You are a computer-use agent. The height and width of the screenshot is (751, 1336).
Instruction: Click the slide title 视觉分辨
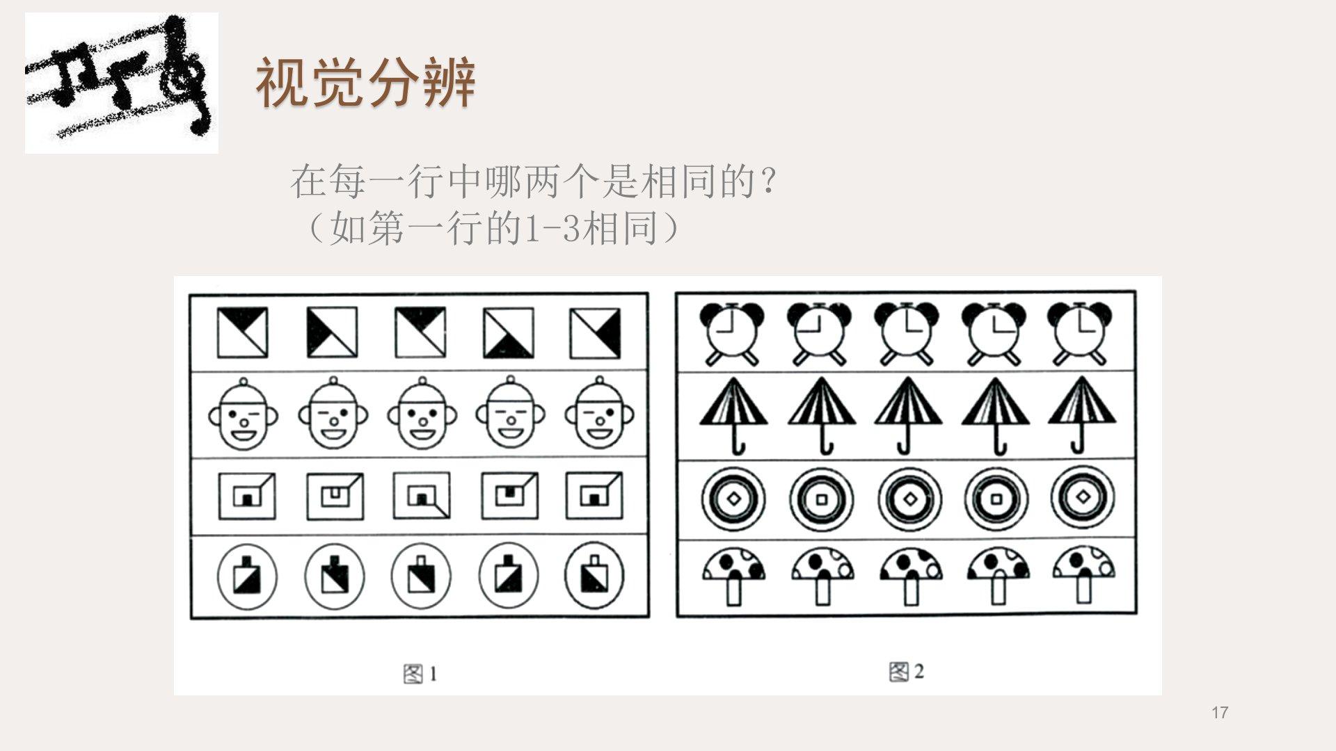click(x=366, y=83)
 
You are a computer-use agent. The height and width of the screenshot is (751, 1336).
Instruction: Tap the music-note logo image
click(x=122, y=83)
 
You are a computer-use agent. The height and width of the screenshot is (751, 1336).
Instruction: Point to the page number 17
click(x=1219, y=712)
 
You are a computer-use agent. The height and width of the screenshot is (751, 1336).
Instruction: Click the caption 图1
click(x=420, y=673)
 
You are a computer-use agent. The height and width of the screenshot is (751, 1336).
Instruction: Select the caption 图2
click(x=907, y=672)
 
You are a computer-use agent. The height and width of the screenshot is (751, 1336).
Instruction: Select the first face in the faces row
click(x=243, y=414)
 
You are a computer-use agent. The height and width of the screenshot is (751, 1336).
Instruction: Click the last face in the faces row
click(x=599, y=414)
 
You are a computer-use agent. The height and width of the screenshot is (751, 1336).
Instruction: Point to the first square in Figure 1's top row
click(x=242, y=332)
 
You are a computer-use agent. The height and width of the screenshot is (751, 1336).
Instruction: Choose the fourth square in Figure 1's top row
click(x=509, y=332)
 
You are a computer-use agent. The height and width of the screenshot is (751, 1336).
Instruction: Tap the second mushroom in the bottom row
click(x=822, y=576)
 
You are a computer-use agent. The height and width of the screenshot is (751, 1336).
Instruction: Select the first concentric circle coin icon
click(x=733, y=499)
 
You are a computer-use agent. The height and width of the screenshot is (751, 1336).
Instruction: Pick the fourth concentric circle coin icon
click(x=996, y=499)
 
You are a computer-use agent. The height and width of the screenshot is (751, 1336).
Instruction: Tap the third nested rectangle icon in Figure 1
click(x=422, y=496)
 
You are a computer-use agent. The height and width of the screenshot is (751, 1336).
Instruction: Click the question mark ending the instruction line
click(x=769, y=181)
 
